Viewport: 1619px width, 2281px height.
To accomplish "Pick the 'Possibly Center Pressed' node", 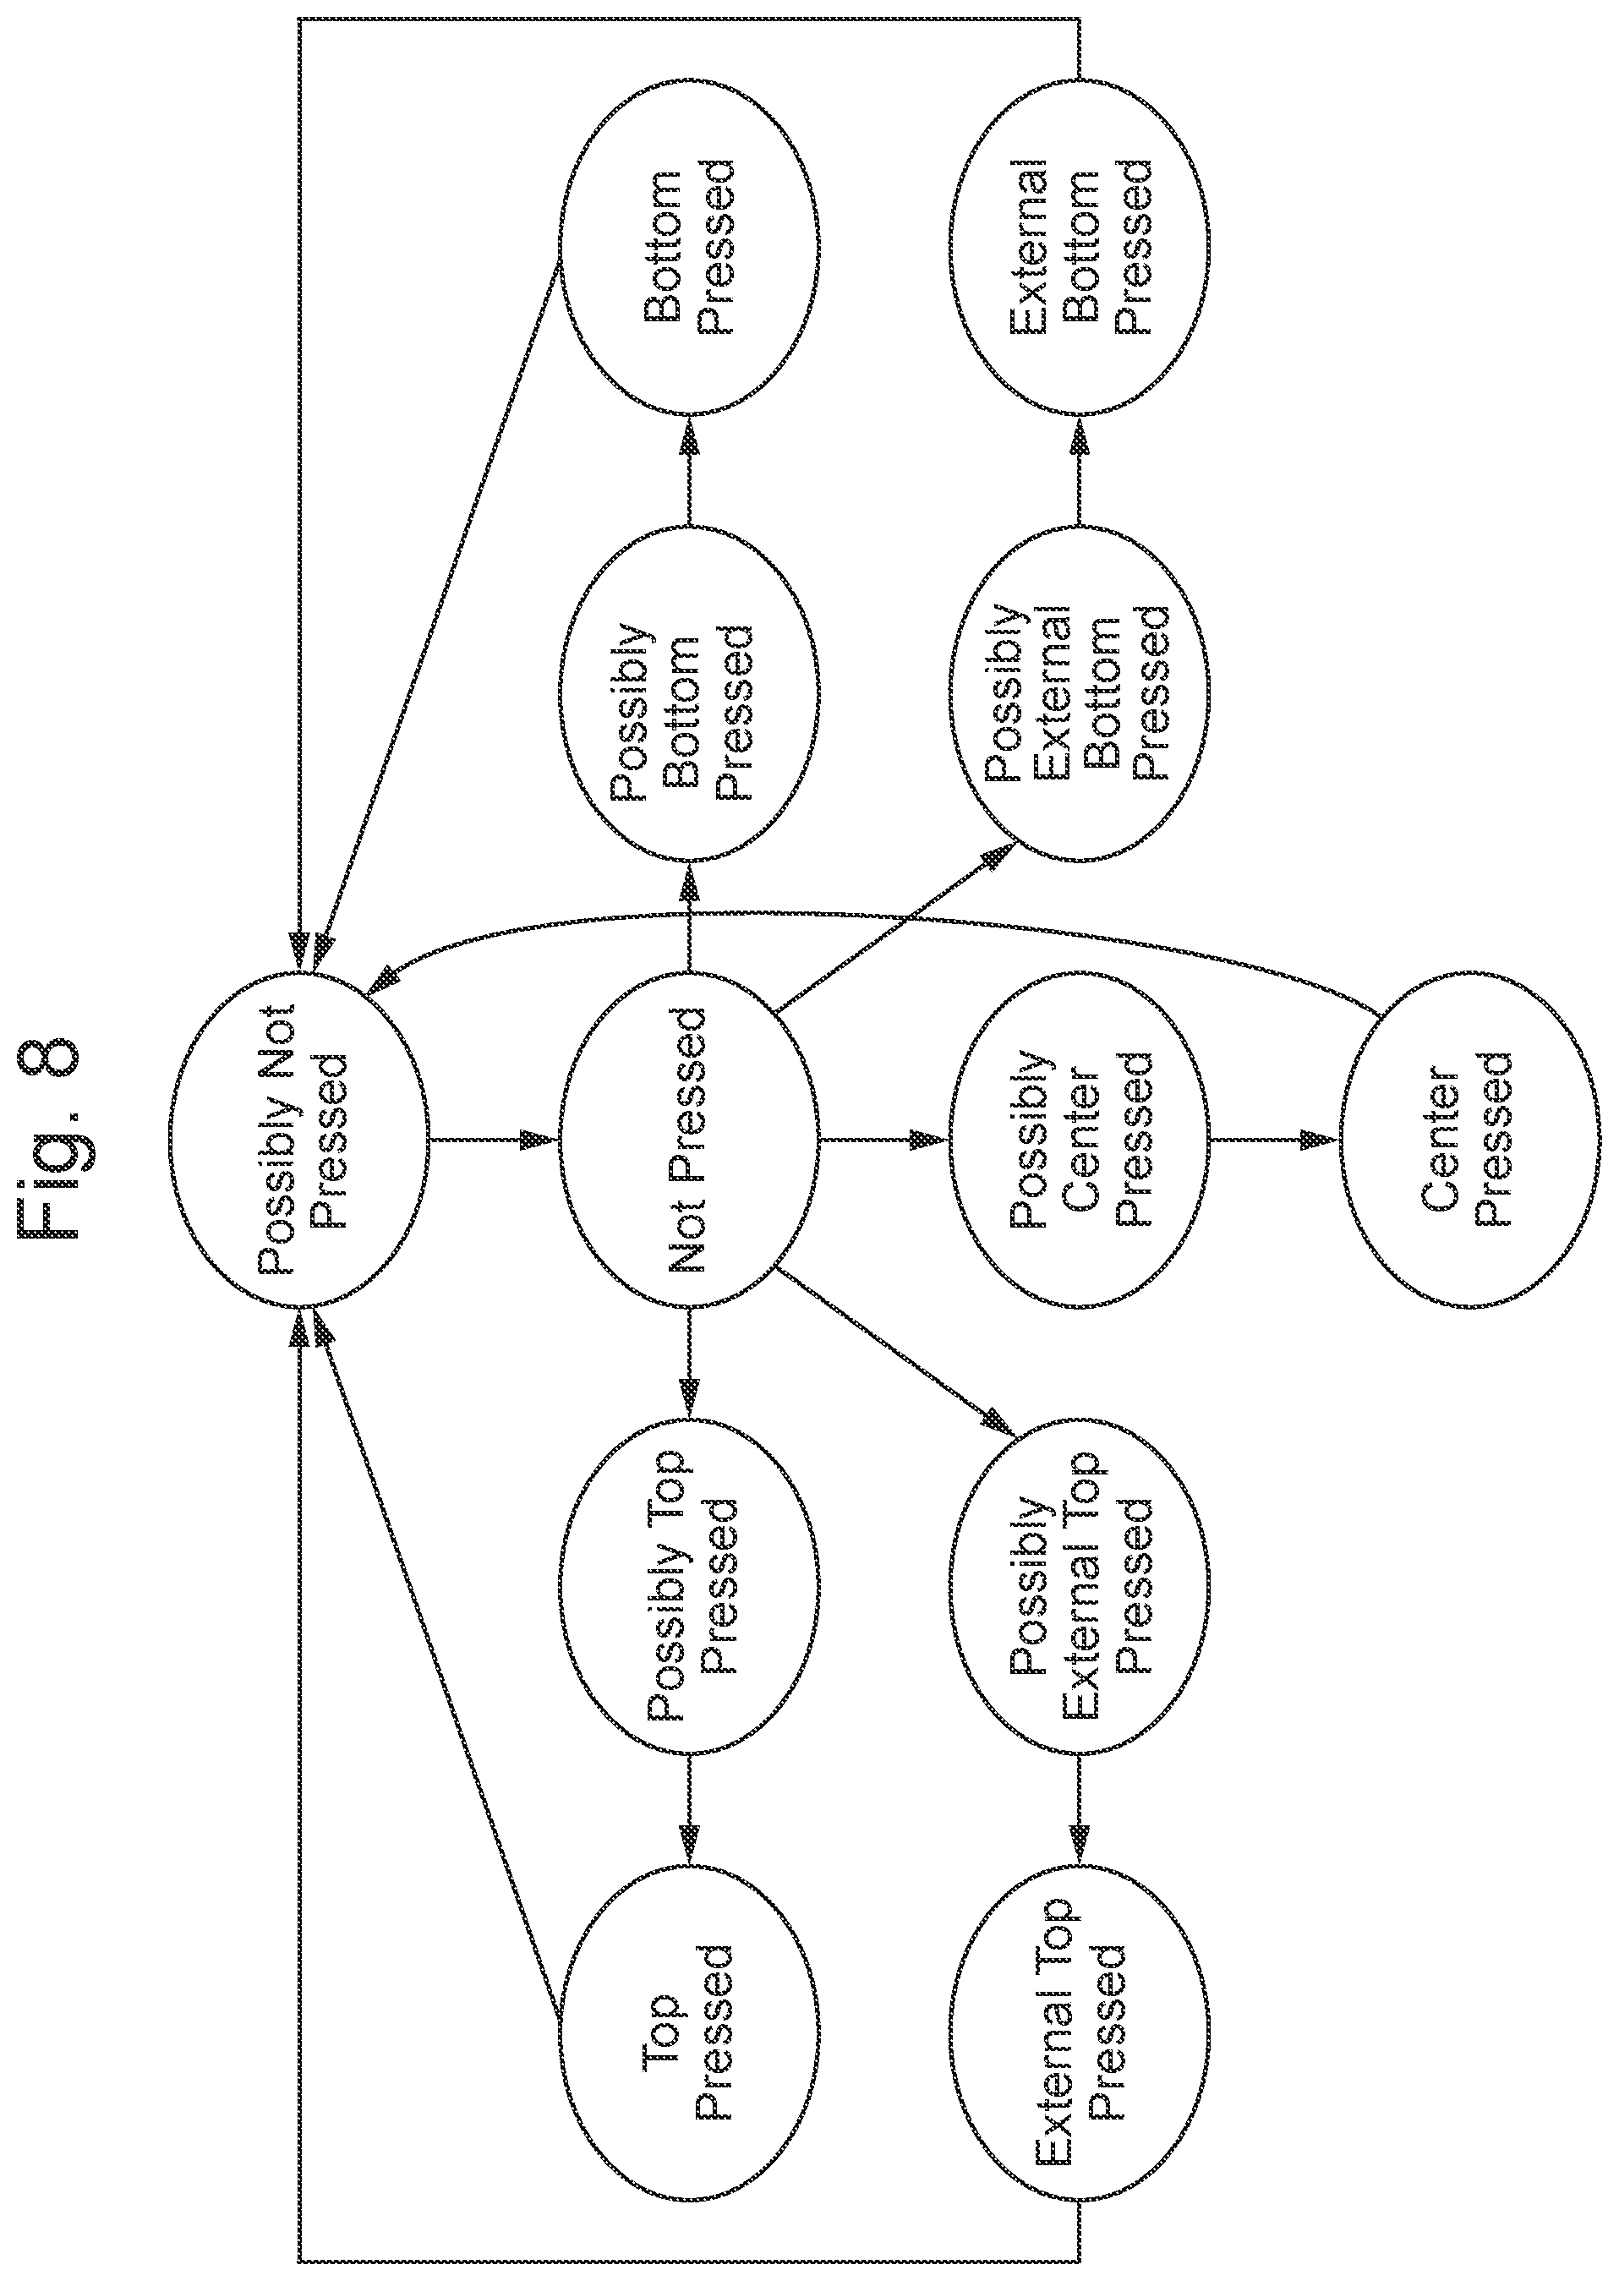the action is coord(1079,1139).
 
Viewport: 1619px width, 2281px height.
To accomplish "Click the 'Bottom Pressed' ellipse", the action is coord(688,245).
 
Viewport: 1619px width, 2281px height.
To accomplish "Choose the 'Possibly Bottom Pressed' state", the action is coord(688,694).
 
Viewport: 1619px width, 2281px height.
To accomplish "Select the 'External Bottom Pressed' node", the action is coord(1079,245).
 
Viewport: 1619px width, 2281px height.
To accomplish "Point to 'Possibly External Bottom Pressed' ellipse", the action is coord(1079,694).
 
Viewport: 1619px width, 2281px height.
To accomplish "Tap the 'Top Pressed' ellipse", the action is coord(688,2032).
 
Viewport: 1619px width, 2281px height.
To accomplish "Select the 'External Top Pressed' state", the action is coord(1079,2032).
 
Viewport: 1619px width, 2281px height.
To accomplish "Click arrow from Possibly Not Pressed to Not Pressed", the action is coord(494,1139).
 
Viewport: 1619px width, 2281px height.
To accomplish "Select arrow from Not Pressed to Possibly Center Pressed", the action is coord(883,1139).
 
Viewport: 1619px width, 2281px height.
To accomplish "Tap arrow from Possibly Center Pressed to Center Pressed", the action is coord(1273,1139).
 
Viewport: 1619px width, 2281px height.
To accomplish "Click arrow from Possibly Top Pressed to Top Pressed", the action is coord(689,1808).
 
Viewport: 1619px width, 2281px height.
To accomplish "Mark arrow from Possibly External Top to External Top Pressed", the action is coord(1080,1808).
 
